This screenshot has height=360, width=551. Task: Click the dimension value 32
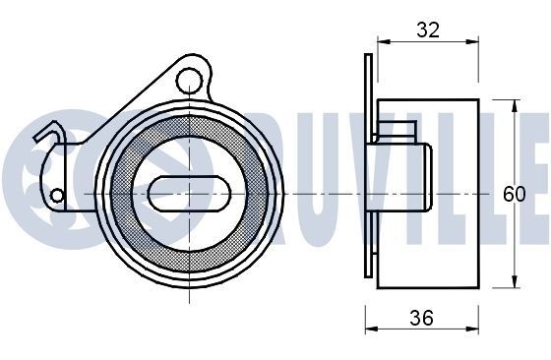(x=428, y=30)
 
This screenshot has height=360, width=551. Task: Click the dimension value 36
(x=422, y=318)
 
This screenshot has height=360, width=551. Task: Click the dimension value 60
(x=514, y=194)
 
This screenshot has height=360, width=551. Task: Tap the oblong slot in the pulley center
(x=189, y=194)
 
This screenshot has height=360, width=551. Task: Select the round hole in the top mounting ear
(x=189, y=81)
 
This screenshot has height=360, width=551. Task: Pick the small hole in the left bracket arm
(x=57, y=196)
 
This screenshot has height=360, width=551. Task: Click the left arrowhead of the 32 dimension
(x=384, y=41)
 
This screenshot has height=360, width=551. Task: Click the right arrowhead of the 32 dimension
(x=472, y=41)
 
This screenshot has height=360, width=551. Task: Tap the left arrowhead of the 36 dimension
(x=372, y=330)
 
